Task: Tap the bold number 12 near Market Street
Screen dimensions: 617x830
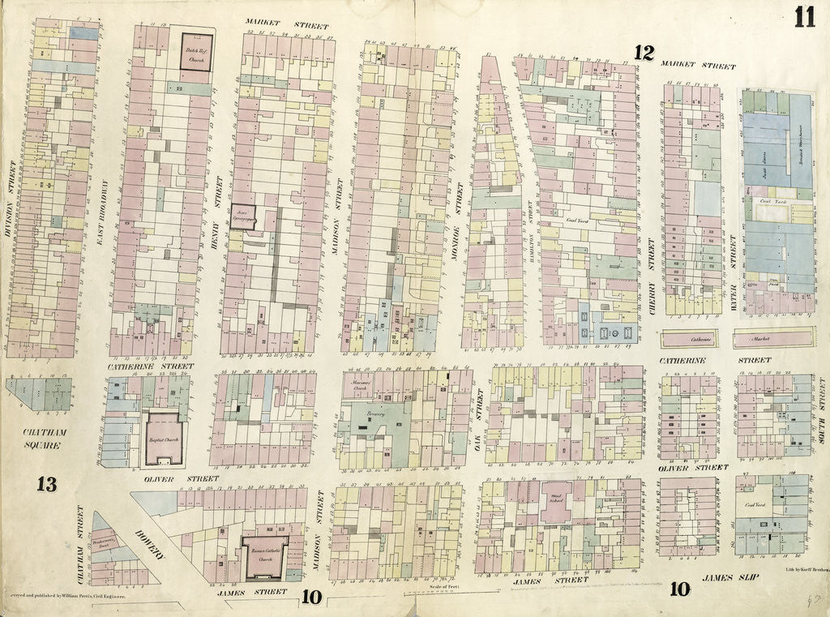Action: point(644,53)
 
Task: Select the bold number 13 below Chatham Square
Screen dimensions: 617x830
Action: point(46,485)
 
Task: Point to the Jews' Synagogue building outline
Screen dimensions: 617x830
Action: point(242,216)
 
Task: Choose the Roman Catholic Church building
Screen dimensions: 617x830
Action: point(264,559)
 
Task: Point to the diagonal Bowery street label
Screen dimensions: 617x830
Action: point(151,546)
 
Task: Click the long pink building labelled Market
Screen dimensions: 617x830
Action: point(773,337)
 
